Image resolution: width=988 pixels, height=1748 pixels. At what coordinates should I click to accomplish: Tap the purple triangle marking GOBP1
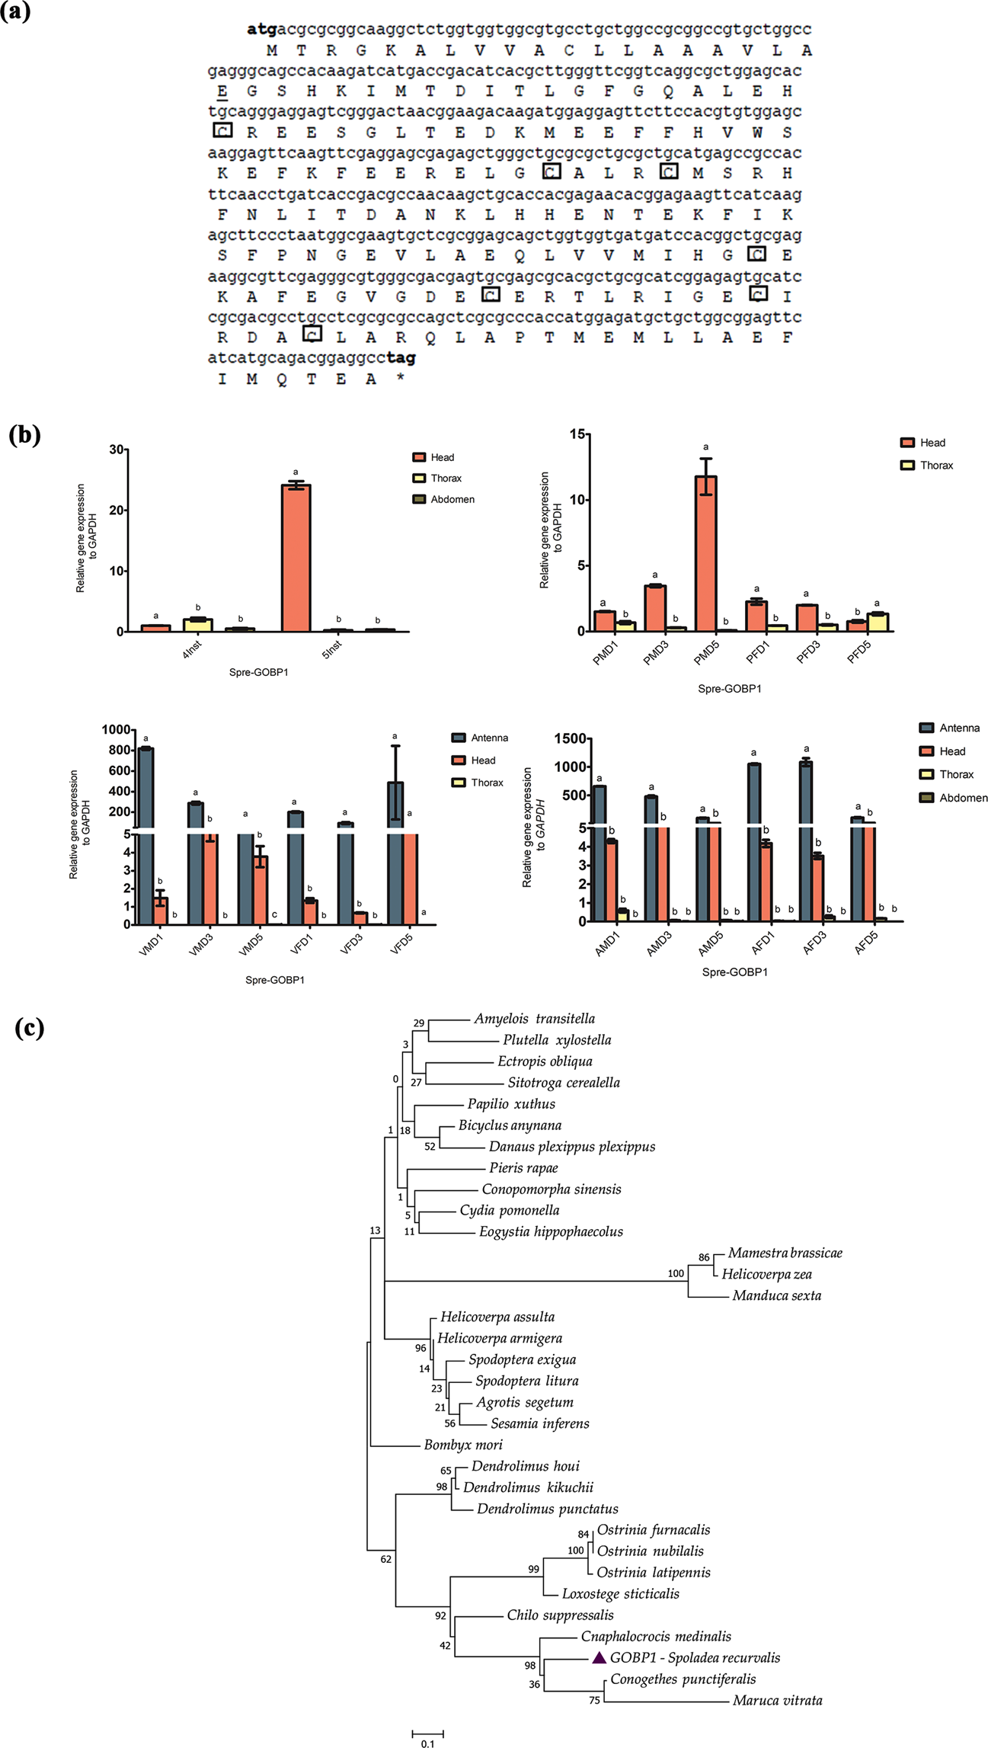click(x=599, y=1658)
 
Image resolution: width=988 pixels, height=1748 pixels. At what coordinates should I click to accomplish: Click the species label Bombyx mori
click(x=462, y=1445)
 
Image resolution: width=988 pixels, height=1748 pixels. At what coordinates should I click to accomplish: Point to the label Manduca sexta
click(x=776, y=1295)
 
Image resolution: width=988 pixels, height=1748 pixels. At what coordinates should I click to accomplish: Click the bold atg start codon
click(x=261, y=30)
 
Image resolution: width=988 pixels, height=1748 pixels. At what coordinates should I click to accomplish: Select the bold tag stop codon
click(x=401, y=357)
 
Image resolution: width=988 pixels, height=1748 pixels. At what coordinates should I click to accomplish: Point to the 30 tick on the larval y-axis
click(x=117, y=450)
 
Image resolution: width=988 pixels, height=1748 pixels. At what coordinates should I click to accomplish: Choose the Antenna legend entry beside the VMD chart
click(x=488, y=738)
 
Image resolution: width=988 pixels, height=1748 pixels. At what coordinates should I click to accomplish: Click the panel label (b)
click(x=24, y=435)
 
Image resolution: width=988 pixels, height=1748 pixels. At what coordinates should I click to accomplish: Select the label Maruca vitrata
click(x=777, y=1701)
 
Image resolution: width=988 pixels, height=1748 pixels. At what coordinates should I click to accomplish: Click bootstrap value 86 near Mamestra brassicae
click(x=704, y=1258)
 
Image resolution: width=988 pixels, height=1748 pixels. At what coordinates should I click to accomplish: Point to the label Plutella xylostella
click(x=556, y=1040)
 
